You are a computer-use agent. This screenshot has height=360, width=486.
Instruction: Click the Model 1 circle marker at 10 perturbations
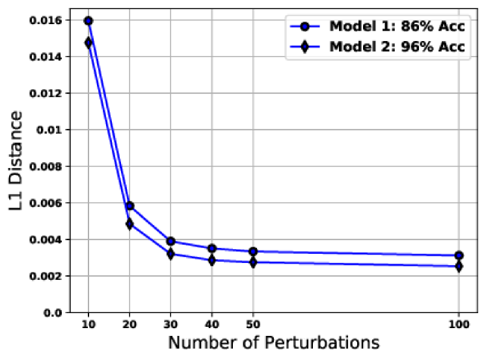coord(88,21)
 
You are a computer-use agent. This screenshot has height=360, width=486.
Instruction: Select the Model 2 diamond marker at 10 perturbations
coord(88,43)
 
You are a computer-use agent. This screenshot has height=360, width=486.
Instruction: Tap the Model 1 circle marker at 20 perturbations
coord(129,206)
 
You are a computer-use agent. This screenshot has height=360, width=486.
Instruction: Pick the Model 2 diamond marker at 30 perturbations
coord(170,254)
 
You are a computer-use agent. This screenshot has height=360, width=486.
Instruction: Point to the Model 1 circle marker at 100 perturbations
coord(459,255)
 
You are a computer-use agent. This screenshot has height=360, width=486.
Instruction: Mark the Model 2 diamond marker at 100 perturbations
coord(459,266)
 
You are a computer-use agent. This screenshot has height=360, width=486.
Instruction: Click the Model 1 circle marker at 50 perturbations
coord(253,251)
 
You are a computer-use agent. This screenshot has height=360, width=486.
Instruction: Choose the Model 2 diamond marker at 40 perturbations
coord(212,260)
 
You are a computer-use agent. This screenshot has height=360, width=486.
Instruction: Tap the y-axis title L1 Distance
coord(18,166)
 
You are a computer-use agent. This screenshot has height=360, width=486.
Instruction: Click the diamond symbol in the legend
coord(306,47)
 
